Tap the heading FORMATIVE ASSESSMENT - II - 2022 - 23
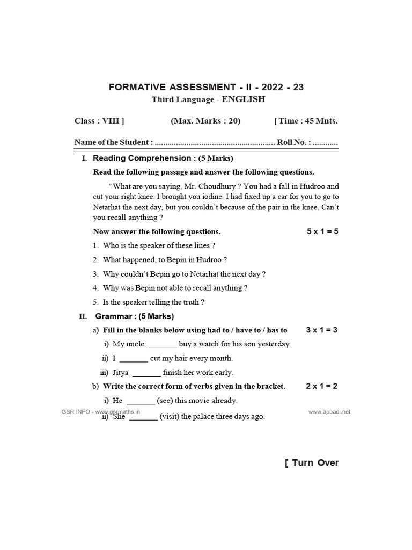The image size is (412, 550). click(x=207, y=87)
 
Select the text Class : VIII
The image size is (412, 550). click(x=99, y=121)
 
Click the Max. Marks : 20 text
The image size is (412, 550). click(x=205, y=121)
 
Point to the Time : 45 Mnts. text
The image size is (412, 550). click(x=306, y=121)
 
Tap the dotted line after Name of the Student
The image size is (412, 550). click(x=214, y=143)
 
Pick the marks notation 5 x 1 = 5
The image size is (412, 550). click(x=322, y=231)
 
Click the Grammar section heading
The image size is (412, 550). click(x=135, y=316)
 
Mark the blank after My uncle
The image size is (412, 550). click(x=163, y=344)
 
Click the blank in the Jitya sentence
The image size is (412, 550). click(x=146, y=373)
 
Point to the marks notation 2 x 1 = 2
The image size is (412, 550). click(x=322, y=386)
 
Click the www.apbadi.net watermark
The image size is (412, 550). click(x=329, y=412)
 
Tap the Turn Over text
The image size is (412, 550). click(x=313, y=463)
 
